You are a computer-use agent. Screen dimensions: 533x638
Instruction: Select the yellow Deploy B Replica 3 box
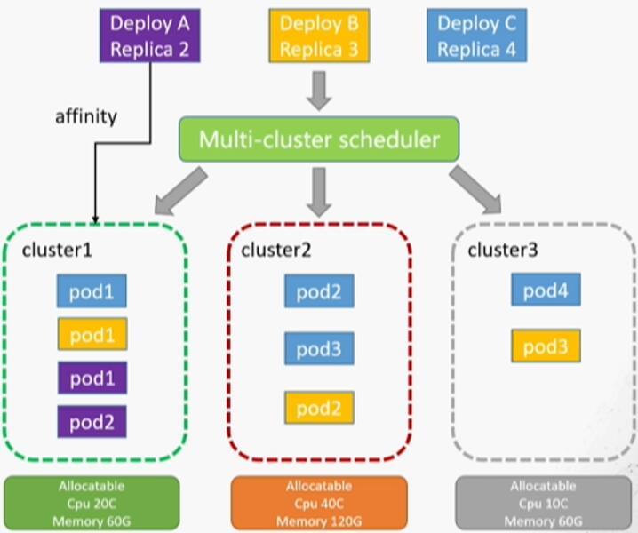click(318, 36)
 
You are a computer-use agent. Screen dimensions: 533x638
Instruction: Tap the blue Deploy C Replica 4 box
click(476, 36)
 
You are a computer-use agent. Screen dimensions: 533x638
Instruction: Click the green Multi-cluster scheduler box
click(319, 139)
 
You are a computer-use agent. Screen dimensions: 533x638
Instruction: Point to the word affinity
click(85, 117)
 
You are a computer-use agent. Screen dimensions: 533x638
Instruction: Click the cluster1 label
click(57, 250)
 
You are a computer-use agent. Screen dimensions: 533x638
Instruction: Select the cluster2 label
click(275, 250)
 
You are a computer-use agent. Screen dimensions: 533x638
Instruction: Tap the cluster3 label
click(503, 250)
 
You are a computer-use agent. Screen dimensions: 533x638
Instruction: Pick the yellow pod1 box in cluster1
click(92, 335)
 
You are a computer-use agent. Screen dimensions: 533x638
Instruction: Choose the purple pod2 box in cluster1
click(92, 420)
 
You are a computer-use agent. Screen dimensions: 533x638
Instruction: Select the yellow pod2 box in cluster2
click(319, 408)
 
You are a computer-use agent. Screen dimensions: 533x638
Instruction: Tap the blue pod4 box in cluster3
click(546, 290)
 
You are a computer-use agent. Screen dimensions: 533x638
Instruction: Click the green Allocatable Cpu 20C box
click(92, 504)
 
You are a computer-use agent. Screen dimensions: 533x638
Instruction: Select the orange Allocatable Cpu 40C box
click(319, 504)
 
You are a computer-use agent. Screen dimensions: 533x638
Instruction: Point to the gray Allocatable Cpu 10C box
click(543, 504)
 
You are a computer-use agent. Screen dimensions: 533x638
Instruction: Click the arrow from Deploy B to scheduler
click(319, 89)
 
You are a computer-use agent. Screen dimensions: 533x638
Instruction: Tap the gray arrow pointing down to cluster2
click(319, 192)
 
